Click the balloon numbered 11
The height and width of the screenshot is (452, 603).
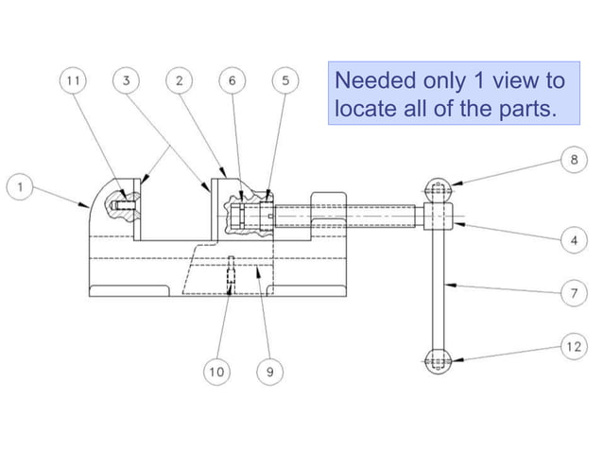(73, 81)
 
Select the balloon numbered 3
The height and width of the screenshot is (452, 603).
(126, 81)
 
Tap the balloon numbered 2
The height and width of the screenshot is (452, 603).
(179, 81)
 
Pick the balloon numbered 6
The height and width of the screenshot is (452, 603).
(232, 81)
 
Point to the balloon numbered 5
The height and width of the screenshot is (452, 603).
(284, 81)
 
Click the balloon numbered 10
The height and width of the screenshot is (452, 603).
(216, 373)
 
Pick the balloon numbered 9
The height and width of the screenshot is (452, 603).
(269, 373)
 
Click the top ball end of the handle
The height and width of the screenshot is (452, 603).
(436, 189)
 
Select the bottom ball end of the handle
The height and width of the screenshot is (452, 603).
(436, 359)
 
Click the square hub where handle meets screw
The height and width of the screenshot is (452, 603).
(436, 217)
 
